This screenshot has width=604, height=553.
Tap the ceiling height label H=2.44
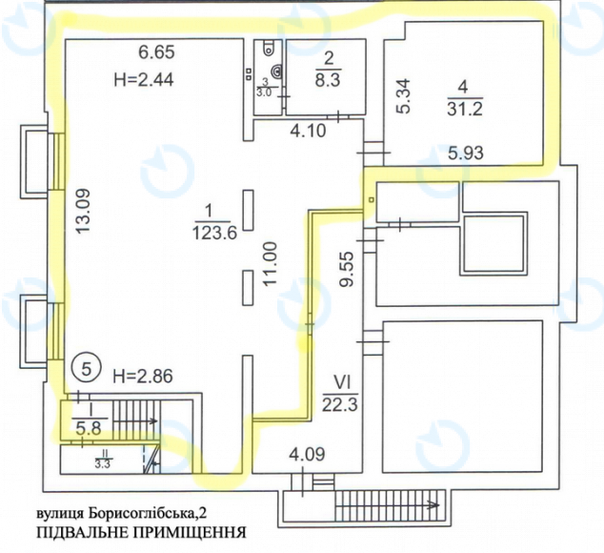(x=141, y=79)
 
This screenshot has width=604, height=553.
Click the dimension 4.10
(x=307, y=131)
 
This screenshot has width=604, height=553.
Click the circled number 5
(x=87, y=366)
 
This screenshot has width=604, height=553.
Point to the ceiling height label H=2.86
(x=142, y=375)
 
